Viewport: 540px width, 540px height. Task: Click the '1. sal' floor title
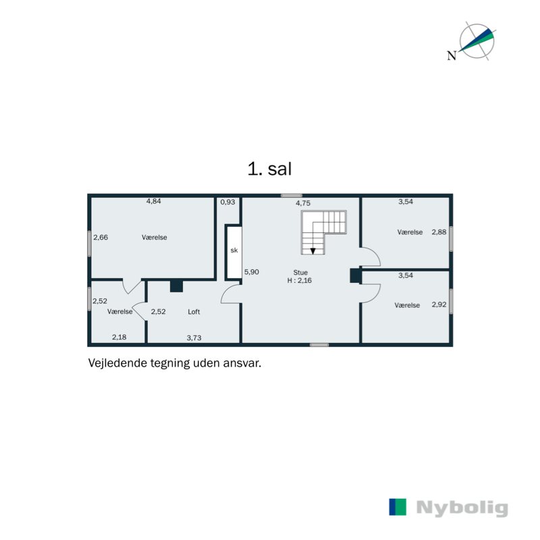point(269,169)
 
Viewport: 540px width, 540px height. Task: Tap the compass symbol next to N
point(477,41)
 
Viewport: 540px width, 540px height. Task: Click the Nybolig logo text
point(462,508)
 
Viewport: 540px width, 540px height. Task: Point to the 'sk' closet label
point(234,250)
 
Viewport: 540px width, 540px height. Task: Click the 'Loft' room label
point(194,312)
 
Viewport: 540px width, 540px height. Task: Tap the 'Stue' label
point(300,272)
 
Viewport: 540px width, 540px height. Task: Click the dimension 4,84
point(154,201)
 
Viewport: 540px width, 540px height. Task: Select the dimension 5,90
point(251,272)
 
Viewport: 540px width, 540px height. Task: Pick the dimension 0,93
point(228,202)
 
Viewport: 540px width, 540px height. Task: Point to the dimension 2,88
point(439,232)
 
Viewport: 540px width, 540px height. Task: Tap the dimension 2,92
point(439,305)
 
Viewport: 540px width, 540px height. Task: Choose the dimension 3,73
point(194,337)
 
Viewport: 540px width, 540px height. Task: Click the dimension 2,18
point(119,337)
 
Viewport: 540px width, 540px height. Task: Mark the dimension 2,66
point(101,237)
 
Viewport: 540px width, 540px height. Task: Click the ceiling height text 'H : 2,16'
point(300,281)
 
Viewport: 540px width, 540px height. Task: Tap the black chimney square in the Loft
point(176,286)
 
